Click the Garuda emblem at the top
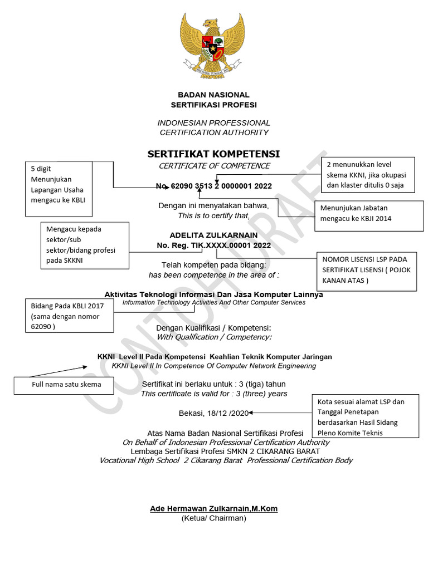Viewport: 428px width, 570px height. click(213, 45)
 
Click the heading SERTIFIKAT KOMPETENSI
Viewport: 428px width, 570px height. click(213, 154)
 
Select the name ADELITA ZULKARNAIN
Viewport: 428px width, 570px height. click(213, 235)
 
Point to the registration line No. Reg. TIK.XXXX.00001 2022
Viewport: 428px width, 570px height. click(213, 245)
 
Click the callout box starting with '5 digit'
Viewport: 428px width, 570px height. click(59, 189)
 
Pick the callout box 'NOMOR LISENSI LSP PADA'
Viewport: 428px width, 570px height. click(366, 271)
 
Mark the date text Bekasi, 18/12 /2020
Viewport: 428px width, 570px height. click(213, 413)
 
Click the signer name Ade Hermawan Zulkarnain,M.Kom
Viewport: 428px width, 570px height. click(213, 508)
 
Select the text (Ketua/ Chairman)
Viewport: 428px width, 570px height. click(213, 518)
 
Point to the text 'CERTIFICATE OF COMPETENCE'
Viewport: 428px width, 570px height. click(213, 166)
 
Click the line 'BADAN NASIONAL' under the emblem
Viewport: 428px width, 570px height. click(213, 95)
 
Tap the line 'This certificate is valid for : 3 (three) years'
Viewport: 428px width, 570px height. click(213, 394)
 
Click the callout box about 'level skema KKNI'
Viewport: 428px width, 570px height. click(369, 174)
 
